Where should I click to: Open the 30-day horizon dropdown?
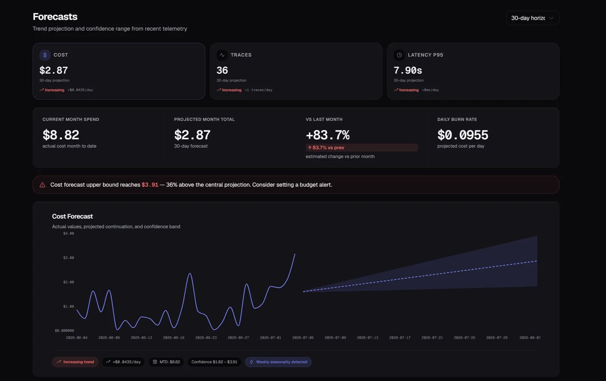(533, 18)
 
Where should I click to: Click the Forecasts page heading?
(55, 17)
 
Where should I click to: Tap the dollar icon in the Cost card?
(45, 55)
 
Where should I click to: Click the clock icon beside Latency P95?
(399, 55)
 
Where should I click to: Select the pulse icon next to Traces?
(222, 55)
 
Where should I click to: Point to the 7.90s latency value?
(408, 70)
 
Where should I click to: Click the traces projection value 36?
(222, 70)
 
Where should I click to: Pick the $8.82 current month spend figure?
(61, 135)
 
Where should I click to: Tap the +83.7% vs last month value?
(328, 135)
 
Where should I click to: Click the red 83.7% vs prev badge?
(362, 147)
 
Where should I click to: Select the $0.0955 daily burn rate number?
(462, 135)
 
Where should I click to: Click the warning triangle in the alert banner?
(42, 185)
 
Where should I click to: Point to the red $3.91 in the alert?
(150, 185)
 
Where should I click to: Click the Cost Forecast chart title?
(72, 216)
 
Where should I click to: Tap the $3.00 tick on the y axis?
(69, 258)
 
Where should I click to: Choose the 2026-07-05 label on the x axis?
(303, 338)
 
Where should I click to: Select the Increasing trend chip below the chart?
(75, 362)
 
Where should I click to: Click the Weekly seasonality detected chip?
(278, 362)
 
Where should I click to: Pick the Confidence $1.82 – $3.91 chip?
(214, 362)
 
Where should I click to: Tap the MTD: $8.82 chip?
(166, 362)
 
